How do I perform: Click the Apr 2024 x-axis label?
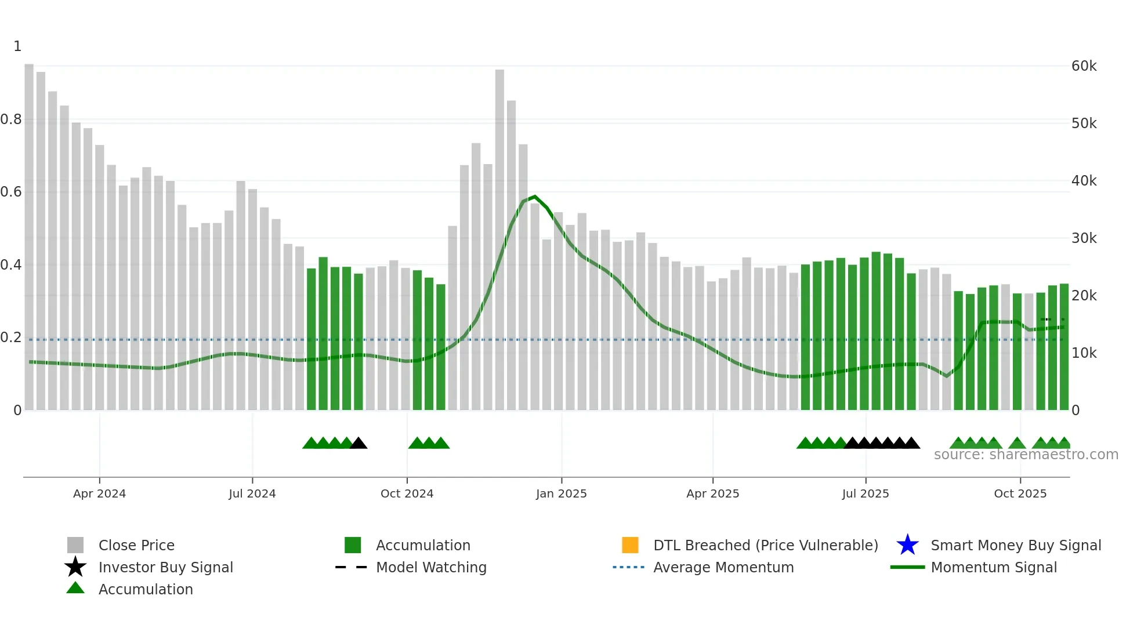[x=99, y=493]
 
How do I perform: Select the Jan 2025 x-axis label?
[x=561, y=493]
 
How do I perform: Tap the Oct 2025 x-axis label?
[x=1020, y=493]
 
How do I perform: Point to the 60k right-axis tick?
[x=1084, y=66]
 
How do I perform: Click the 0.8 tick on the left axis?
[x=11, y=119]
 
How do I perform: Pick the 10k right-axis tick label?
[x=1084, y=353]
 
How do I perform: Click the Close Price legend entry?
[x=136, y=545]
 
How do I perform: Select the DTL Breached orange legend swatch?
[x=630, y=545]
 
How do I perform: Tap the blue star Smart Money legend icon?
[x=907, y=545]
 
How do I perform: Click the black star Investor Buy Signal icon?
[x=75, y=567]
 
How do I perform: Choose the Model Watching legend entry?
[x=431, y=567]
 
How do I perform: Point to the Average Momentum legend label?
[x=723, y=567]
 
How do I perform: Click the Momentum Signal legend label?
[x=994, y=567]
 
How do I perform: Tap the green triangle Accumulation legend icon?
[x=75, y=589]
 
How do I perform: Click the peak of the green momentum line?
[x=535, y=197]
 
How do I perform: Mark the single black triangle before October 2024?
[x=359, y=444]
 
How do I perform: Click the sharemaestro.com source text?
[x=1026, y=455]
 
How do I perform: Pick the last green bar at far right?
[x=1064, y=348]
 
